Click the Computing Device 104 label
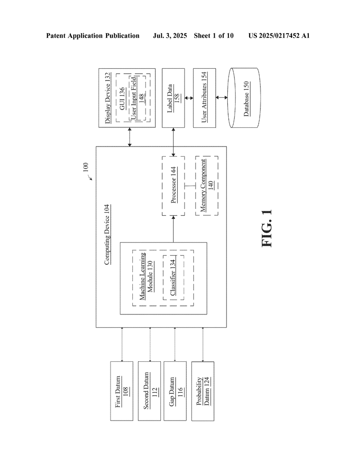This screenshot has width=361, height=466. click(x=107, y=234)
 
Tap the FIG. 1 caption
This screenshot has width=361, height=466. click(x=267, y=228)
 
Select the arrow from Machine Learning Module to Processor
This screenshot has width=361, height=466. click(x=173, y=229)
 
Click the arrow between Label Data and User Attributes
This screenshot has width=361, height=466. click(x=189, y=98)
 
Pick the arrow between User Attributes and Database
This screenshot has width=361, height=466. click(x=222, y=97)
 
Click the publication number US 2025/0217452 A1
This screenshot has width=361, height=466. click(x=279, y=36)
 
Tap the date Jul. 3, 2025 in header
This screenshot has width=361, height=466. click(x=170, y=36)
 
